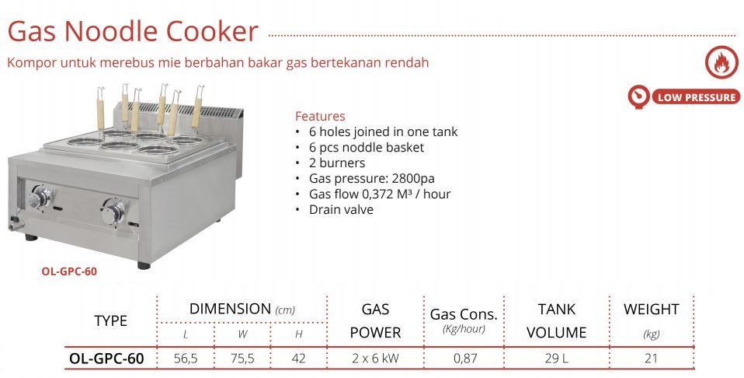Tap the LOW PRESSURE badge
tap(683, 97)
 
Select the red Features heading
tap(320, 117)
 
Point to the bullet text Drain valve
tap(341, 209)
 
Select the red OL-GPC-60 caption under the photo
tap(69, 271)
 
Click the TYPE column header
tap(110, 320)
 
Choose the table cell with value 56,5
tap(187, 359)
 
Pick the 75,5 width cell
tap(242, 359)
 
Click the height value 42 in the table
tap(298, 359)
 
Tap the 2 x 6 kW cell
tap(375, 359)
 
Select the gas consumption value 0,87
tap(464, 359)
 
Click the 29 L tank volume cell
tap(557, 359)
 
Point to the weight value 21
tap(651, 359)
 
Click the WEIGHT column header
tap(651, 310)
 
